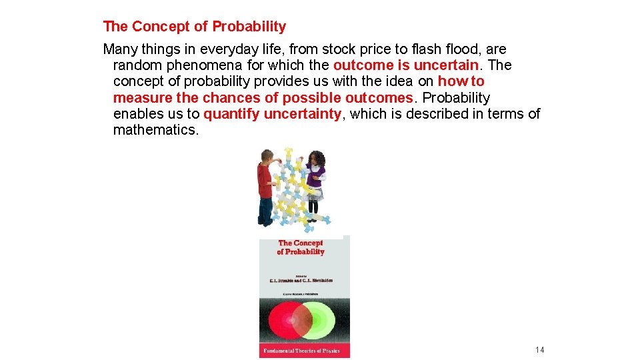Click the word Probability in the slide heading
coord(249,27)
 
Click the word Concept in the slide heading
coord(158,27)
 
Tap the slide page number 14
coord(539,350)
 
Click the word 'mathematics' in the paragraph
coord(155,130)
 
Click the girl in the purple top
coord(315,177)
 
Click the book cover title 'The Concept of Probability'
coord(301,247)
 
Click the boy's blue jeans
coord(265,210)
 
